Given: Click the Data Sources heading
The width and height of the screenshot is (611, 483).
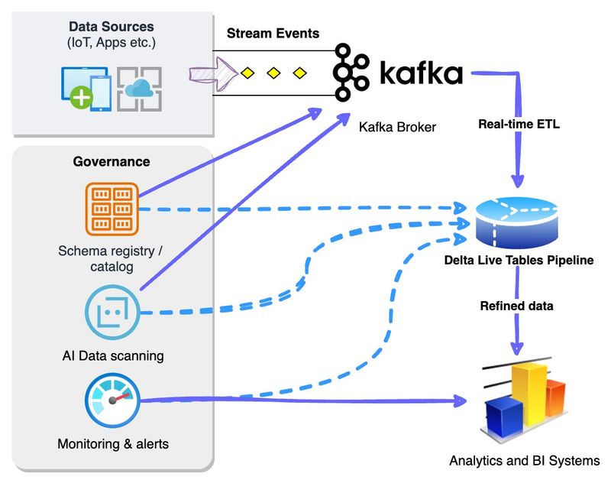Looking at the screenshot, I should pyautogui.click(x=112, y=28).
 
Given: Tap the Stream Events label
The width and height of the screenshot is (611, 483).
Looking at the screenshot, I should pyautogui.click(x=273, y=34).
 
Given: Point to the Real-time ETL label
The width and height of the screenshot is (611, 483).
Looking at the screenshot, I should pyautogui.click(x=519, y=123).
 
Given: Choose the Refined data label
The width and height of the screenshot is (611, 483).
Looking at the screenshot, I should pyautogui.click(x=517, y=306).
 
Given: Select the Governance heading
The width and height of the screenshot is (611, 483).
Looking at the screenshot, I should pyautogui.click(x=112, y=161).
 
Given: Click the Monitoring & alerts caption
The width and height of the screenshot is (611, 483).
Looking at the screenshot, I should pyautogui.click(x=112, y=443).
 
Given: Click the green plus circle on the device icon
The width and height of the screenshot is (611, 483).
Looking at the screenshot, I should pyautogui.click(x=82, y=96).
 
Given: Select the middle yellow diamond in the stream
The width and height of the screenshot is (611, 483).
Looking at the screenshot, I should pyautogui.click(x=273, y=73).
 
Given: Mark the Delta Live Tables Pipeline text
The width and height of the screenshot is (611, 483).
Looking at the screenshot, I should pyautogui.click(x=519, y=261).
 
